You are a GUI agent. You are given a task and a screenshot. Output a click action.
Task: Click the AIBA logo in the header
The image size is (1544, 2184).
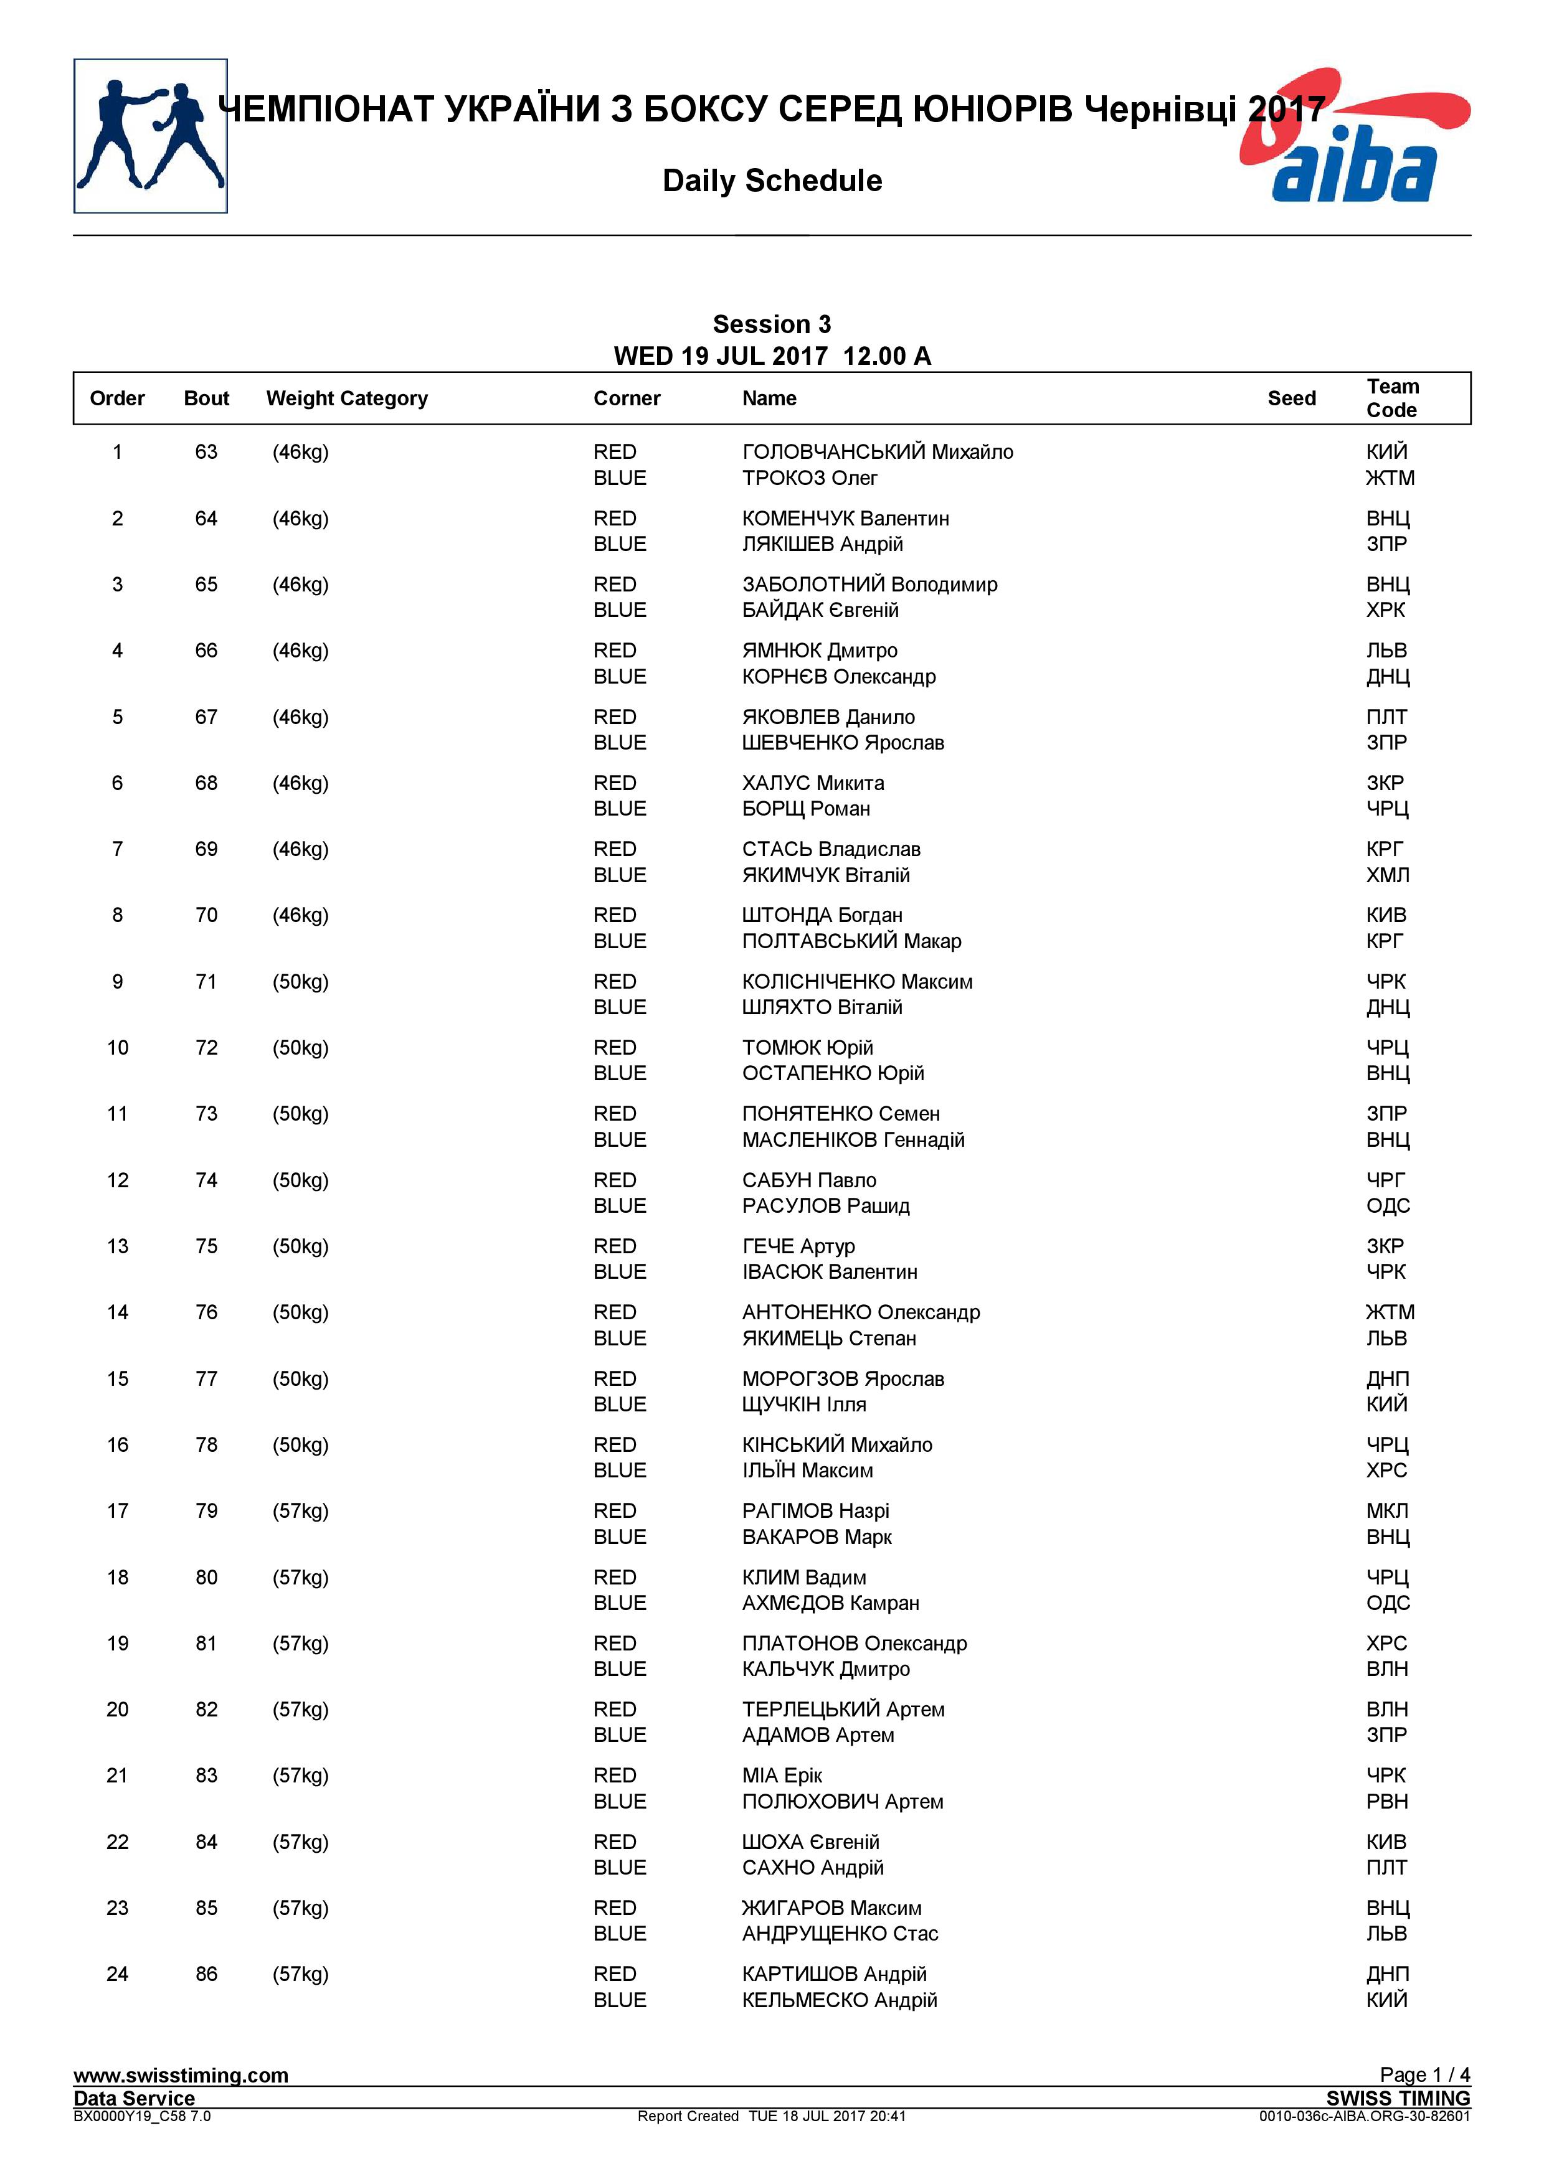point(1355,138)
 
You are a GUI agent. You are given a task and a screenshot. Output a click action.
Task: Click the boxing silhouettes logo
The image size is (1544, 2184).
point(150,136)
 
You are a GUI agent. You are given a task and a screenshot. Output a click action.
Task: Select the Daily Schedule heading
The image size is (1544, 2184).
point(772,181)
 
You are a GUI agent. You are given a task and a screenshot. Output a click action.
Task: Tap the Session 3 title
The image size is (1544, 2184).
point(772,324)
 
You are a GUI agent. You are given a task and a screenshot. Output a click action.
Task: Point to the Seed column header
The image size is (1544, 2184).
point(1291,398)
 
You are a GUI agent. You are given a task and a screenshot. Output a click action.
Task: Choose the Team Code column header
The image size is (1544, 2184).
point(1392,398)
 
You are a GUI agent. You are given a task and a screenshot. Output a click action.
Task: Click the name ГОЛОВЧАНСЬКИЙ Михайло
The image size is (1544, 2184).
point(877,452)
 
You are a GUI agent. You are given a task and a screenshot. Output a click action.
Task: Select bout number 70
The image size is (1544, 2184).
point(206,915)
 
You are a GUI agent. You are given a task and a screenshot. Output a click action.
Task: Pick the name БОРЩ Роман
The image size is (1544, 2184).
point(806,809)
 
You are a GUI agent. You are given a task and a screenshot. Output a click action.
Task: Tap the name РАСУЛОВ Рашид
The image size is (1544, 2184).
point(826,1206)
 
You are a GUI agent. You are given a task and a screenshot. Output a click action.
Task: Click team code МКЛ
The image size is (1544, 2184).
point(1386,1510)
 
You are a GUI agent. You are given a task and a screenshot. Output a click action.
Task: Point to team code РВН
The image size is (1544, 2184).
point(1386,1802)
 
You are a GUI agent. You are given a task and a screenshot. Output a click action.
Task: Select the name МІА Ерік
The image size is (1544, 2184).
point(782,1775)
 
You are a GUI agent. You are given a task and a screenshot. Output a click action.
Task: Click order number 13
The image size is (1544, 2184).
point(117,1246)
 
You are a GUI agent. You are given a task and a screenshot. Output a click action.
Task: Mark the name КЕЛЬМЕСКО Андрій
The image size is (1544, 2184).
point(839,2000)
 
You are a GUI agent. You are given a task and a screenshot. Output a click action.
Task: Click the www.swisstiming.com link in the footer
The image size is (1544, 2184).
point(181,2076)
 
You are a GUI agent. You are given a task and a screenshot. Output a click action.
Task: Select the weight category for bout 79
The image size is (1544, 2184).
point(301,1510)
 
